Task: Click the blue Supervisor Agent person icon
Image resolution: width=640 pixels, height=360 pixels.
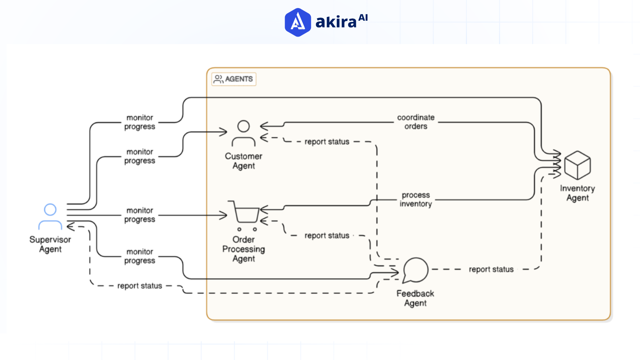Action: click(50, 217)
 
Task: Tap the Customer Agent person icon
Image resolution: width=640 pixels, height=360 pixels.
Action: click(243, 134)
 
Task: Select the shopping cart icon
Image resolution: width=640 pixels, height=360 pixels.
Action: click(245, 215)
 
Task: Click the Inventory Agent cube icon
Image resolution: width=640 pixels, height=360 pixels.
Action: click(577, 165)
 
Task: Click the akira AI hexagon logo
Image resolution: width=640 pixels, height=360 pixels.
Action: click(298, 22)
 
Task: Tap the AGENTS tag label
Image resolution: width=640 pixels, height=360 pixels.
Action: click(234, 79)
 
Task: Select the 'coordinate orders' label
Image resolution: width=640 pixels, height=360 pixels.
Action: click(416, 122)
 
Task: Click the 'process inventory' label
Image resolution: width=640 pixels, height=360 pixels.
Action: click(416, 199)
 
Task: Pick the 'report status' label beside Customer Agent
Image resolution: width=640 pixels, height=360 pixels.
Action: click(327, 142)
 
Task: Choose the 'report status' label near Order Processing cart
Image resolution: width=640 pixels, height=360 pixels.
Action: click(327, 236)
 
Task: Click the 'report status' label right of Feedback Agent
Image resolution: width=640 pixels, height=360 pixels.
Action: click(491, 269)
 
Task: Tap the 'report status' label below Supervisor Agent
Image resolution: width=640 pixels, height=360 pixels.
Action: click(139, 286)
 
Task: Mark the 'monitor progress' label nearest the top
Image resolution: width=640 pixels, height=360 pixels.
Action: click(140, 122)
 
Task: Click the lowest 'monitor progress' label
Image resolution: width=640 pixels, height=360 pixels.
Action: click(140, 256)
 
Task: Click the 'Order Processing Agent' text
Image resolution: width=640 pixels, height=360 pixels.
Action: click(244, 249)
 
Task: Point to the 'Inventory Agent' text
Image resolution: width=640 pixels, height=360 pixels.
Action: click(577, 193)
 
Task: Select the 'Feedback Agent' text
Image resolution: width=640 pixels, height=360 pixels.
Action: click(415, 298)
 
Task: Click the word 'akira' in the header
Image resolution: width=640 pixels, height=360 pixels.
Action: click(336, 22)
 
